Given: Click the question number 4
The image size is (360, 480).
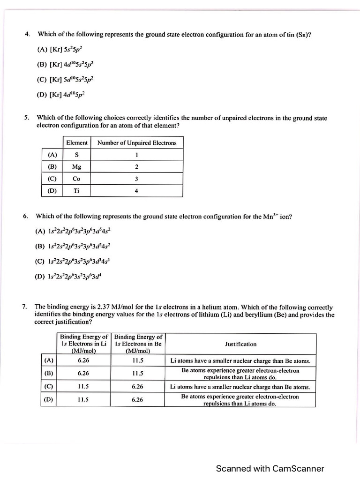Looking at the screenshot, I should pos(27,34).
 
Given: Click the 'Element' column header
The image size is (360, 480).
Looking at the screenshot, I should pos(76,142).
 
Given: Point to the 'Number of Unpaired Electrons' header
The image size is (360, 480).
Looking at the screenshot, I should pos(136,142).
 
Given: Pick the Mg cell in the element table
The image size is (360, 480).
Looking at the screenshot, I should pos(76,166).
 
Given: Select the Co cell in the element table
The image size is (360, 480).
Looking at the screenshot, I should pos(76,179).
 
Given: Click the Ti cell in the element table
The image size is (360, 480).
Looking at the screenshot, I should pos(76,191).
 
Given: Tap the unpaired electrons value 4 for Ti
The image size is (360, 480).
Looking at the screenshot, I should pos(136,191).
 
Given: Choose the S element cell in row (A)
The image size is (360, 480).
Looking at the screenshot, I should pos(76,155).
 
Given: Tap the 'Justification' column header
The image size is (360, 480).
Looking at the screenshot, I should pos(240,344).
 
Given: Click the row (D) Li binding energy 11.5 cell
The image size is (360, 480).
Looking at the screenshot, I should pos(83,400).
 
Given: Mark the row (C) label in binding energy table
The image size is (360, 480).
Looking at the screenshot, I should pos(48,387).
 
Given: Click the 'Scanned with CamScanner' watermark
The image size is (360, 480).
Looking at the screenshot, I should pos(270,468).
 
